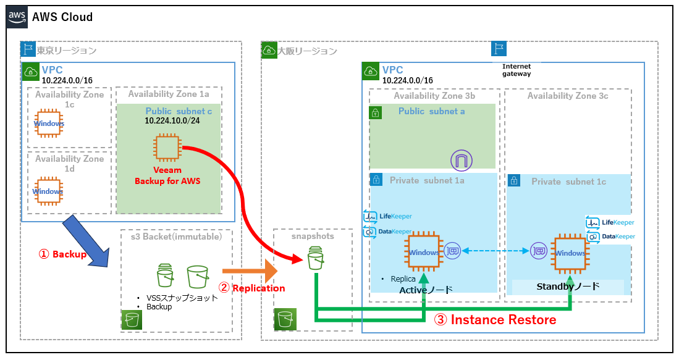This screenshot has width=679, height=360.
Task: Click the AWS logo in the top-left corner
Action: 18,17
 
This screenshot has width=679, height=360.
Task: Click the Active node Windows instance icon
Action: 423,252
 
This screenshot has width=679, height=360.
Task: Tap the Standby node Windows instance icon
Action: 570,253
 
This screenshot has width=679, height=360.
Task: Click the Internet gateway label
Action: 517,70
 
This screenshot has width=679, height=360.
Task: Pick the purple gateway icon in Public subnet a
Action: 461,160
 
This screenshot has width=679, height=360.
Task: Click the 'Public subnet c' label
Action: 176,111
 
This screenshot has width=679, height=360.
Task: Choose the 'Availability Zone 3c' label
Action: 567,96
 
